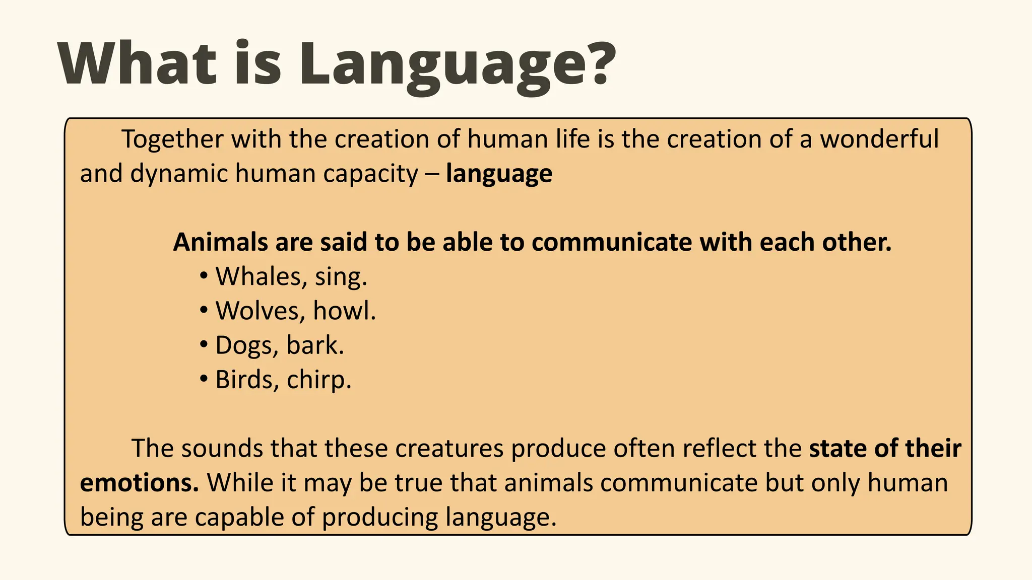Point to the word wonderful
pyautogui.click(x=879, y=139)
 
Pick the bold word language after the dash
pyautogui.click(x=499, y=174)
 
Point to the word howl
pyautogui.click(x=344, y=311)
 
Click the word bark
pyautogui.click(x=315, y=345)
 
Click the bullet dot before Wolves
pyautogui.click(x=204, y=311)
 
